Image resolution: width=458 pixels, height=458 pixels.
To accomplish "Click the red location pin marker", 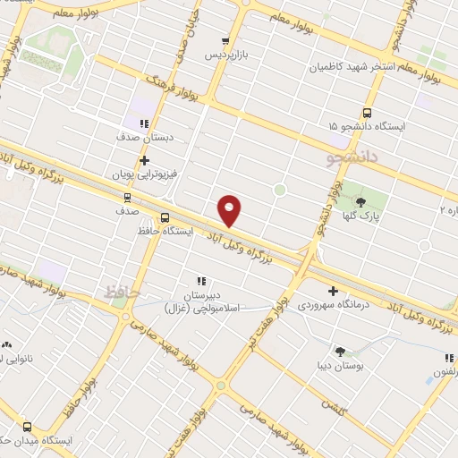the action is coord(230,209).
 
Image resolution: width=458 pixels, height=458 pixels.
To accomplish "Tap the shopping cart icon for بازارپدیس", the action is coord(225,41).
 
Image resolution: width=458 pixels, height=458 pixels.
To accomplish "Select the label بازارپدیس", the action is coord(225,55).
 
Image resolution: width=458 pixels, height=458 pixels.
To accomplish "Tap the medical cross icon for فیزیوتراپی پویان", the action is coord(144,160).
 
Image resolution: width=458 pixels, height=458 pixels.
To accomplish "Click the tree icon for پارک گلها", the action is coord(361,202).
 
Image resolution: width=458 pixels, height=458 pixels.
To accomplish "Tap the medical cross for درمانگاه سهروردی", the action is coord(333,291).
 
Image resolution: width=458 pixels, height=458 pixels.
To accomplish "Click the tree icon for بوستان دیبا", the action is coord(341,351).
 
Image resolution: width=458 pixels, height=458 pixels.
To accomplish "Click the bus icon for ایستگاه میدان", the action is coord(27,427).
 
